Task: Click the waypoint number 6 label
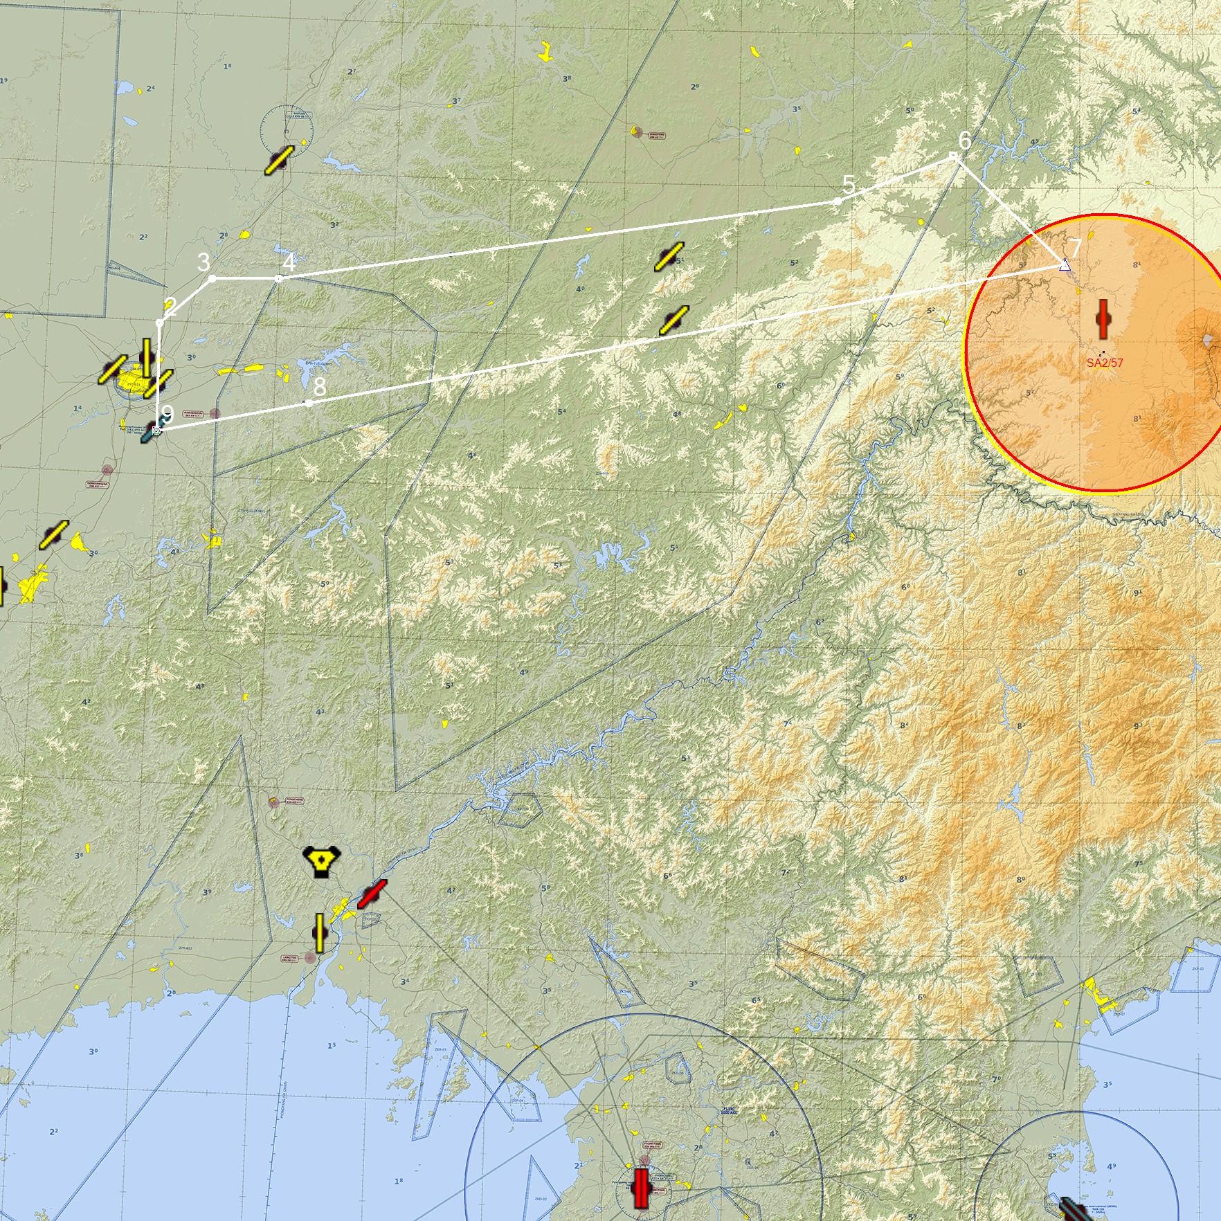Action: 964,141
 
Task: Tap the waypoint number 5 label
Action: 849,186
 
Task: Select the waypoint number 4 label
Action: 289,262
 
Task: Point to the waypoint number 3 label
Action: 203,262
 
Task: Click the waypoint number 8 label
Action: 319,386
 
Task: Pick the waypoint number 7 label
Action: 1076,247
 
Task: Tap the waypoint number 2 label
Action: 170,307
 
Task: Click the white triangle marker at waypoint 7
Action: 1065,264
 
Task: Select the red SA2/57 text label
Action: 1105,362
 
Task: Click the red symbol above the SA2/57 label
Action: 1103,318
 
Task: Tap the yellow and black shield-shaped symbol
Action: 321,861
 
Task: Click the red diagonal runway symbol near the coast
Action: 372,894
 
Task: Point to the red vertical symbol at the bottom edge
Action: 641,1188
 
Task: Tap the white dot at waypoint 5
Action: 838,201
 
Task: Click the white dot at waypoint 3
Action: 212,278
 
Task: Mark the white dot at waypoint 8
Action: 308,403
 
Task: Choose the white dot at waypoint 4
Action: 278,279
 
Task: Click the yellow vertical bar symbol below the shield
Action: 320,932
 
